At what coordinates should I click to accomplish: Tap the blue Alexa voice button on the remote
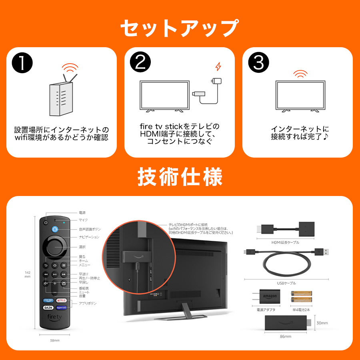(55, 229)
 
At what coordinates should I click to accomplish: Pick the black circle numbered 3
(258, 63)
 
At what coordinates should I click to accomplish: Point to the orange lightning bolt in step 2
(218, 66)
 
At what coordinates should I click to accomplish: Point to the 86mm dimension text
(286, 336)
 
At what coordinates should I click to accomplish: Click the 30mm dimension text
(322, 322)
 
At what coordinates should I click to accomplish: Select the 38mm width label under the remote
(54, 340)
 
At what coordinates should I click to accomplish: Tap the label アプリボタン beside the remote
(88, 303)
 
